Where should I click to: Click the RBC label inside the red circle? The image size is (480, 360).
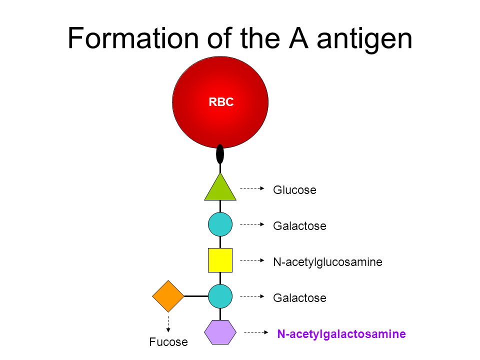[x=221, y=102]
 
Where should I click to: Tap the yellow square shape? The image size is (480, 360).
[x=220, y=260]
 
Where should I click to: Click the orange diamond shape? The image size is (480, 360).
[x=168, y=296]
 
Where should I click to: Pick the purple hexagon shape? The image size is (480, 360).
[x=220, y=332]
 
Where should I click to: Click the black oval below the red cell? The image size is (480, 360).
[x=220, y=154]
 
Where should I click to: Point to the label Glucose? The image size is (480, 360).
[x=294, y=190]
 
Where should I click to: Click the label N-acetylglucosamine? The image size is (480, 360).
[x=327, y=262]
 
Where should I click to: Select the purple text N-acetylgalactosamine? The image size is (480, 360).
[x=341, y=333]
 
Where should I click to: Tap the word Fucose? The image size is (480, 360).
[x=168, y=342]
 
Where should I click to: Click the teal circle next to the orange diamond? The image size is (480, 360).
[x=220, y=296]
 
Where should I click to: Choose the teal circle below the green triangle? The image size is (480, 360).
[x=220, y=224]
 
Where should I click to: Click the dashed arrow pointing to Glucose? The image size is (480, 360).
[x=252, y=188]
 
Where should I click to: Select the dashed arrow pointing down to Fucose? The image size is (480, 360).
[x=168, y=323]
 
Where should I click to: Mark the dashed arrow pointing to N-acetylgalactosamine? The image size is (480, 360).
[x=255, y=332]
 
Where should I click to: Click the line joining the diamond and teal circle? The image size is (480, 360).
[x=196, y=296]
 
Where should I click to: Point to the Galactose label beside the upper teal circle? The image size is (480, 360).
[x=299, y=226]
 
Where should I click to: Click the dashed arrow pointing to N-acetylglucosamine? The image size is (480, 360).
[x=252, y=260]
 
